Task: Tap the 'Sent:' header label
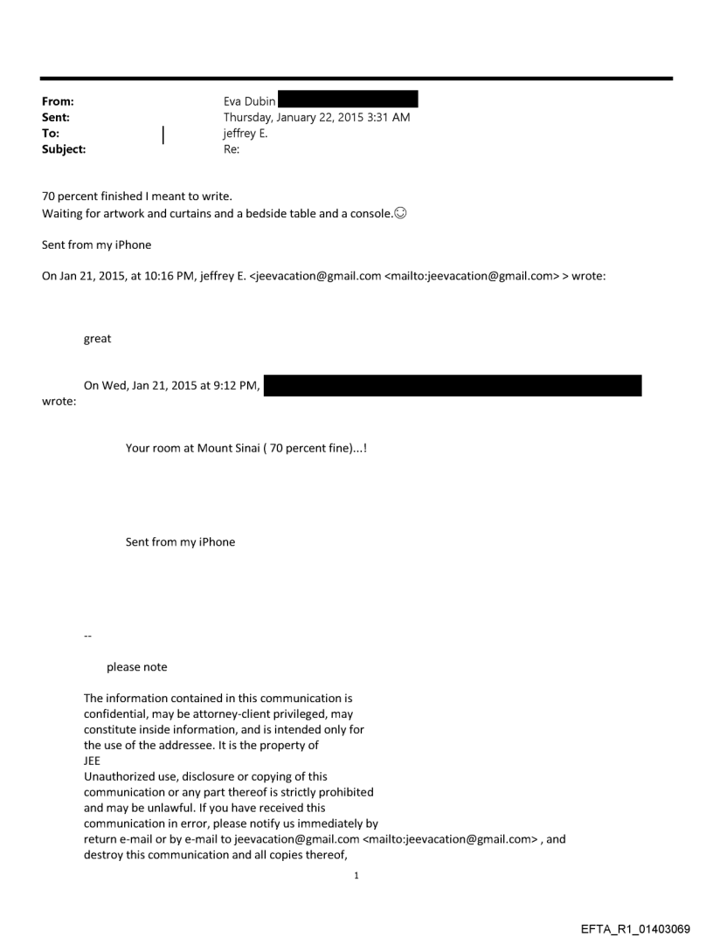56,117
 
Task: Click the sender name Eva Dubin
250,101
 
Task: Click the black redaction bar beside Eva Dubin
348,100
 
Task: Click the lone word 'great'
97,339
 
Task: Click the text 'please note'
136,667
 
